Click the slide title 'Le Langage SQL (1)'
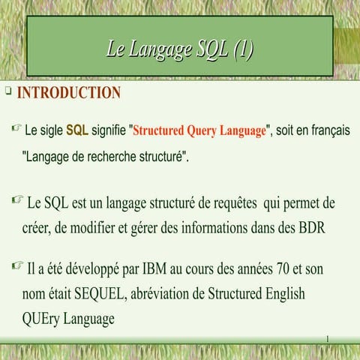click(180, 50)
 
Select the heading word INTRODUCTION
click(68, 93)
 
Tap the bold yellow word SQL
click(77, 130)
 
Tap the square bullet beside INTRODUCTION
click(7, 91)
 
